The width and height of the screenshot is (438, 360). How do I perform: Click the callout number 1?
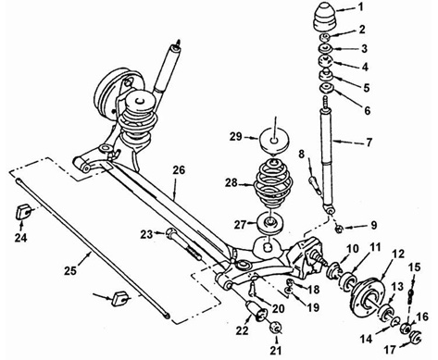pyautogui.click(x=361, y=6)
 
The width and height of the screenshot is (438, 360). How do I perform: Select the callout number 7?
pyautogui.click(x=369, y=143)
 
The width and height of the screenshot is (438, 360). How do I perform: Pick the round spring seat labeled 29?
pyautogui.click(x=274, y=142)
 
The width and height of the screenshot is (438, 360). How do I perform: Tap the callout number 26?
pyautogui.click(x=179, y=170)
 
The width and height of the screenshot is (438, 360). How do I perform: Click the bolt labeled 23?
pyautogui.click(x=183, y=243)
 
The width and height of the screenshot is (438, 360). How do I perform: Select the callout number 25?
pyautogui.click(x=70, y=270)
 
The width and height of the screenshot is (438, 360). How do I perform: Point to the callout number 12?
pyautogui.click(x=397, y=254)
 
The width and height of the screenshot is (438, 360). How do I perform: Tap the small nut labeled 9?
pyautogui.click(x=338, y=229)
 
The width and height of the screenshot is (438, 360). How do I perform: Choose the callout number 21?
pyautogui.click(x=276, y=350)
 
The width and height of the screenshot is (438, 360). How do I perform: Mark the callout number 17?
pyautogui.click(x=390, y=350)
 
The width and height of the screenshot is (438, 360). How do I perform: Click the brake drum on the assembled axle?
pyautogui.click(x=108, y=90)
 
